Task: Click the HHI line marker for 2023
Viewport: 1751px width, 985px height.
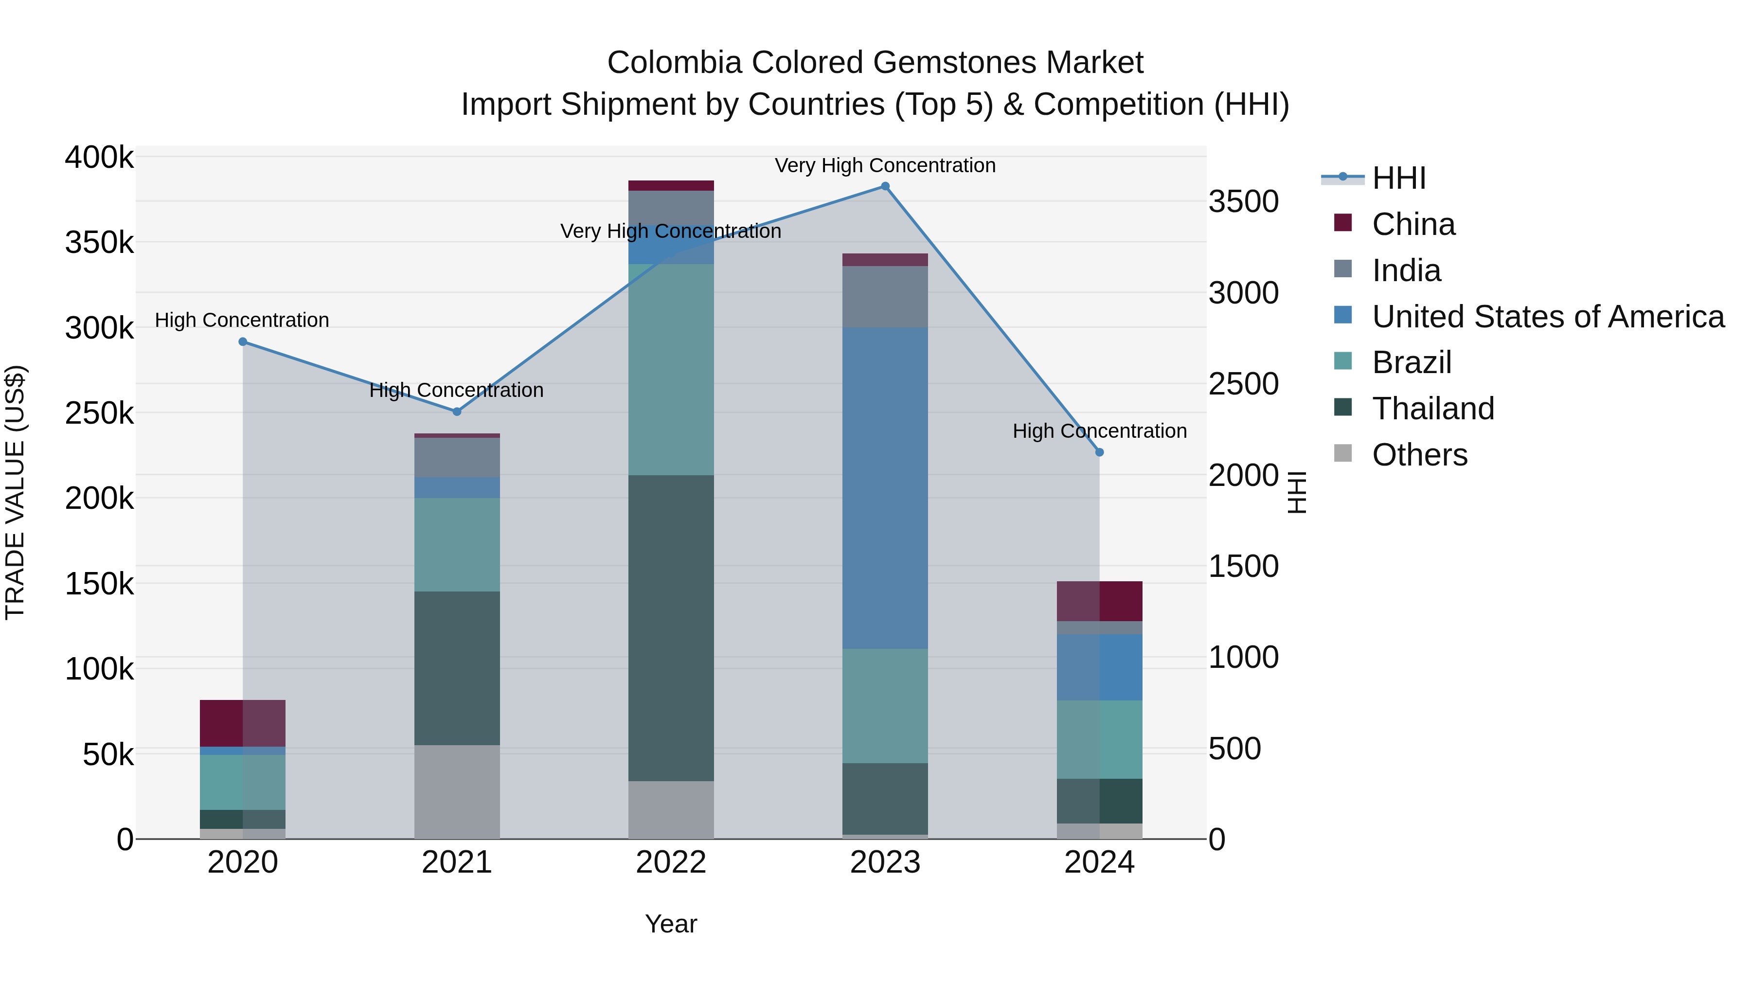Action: (x=885, y=186)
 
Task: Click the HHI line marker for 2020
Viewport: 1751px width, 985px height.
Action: (x=243, y=342)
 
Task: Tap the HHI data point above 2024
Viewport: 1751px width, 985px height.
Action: (x=1099, y=452)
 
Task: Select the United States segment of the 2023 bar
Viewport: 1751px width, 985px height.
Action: (x=885, y=488)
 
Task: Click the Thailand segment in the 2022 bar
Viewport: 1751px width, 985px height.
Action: (x=671, y=627)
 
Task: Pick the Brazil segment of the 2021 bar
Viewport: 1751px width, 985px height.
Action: (x=457, y=544)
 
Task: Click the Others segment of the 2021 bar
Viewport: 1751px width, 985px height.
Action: (x=457, y=791)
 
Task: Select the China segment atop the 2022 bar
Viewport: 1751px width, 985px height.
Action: (x=671, y=186)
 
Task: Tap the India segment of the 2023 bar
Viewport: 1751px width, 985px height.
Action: (x=885, y=297)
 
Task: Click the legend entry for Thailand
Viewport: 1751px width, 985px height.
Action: (x=1433, y=409)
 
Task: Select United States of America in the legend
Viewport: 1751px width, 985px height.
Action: (x=1547, y=317)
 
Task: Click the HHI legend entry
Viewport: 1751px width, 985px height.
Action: (x=1399, y=178)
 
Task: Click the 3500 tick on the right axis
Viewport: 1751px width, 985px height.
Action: (x=1243, y=202)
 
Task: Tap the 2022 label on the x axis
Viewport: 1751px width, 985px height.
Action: (x=671, y=862)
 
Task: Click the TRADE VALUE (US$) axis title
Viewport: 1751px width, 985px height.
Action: (x=16, y=492)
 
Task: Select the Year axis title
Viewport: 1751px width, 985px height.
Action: (x=671, y=924)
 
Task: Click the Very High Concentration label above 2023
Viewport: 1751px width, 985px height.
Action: (x=885, y=165)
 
